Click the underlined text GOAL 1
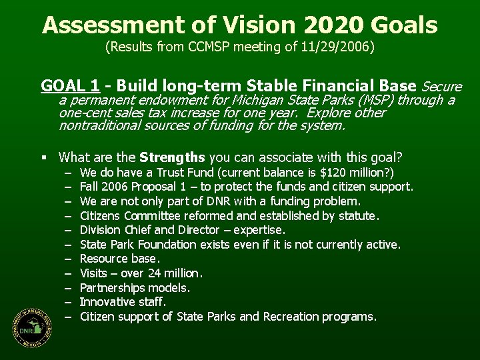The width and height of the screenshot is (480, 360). pos(71,86)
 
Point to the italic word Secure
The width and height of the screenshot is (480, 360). pos(442,87)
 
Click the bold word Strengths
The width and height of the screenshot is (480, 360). pos(172,157)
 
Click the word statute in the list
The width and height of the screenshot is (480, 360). pos(357,215)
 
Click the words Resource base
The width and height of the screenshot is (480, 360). pos(120,259)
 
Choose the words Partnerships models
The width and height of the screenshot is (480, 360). pos(135,288)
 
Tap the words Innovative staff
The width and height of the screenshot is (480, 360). pos(123,302)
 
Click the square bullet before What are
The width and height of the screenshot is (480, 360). pos(44,158)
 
